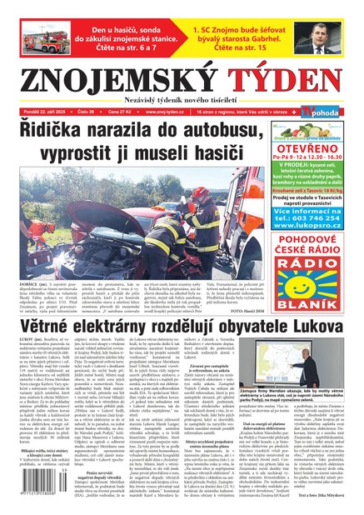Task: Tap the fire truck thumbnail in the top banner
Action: coord(38,36)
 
